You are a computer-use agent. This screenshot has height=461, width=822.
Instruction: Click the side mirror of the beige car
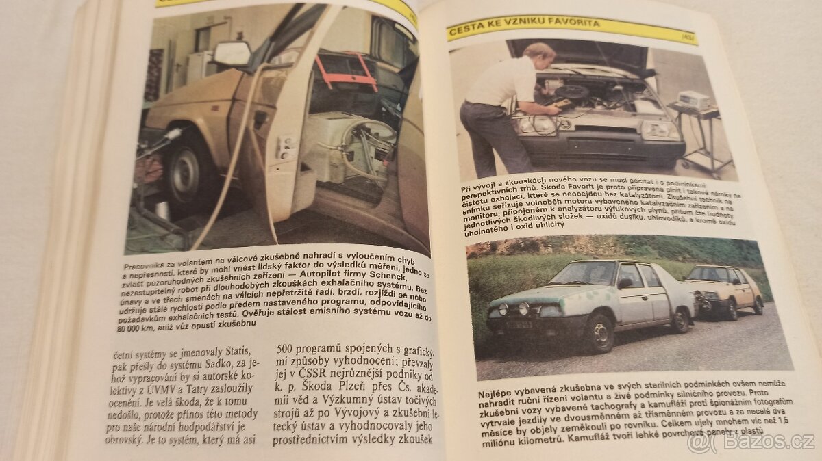[232, 53]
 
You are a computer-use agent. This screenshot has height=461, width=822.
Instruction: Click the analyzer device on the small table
[694, 100]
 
